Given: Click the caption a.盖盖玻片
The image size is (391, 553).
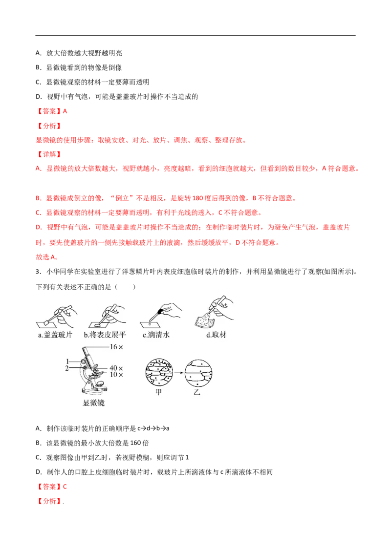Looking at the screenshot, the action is (x=55, y=335).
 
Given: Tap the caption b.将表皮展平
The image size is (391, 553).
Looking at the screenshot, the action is (x=105, y=335).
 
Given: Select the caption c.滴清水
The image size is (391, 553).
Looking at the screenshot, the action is (x=156, y=335).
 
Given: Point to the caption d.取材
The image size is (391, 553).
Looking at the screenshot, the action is (x=216, y=335).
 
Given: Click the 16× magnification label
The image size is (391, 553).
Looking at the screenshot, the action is (x=116, y=347).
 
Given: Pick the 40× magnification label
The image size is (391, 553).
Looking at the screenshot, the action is (x=116, y=368).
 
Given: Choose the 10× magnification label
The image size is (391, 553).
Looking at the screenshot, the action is (x=116, y=375).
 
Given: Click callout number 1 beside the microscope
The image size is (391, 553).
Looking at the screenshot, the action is (x=67, y=362).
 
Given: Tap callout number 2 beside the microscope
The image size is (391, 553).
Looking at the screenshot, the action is (x=67, y=368).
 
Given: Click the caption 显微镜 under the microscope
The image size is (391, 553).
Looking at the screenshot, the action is (x=93, y=403).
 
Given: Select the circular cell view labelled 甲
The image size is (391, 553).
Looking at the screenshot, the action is (x=159, y=373).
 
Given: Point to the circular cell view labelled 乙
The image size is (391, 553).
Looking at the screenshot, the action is (x=198, y=373).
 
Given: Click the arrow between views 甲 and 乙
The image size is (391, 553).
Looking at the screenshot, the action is (x=179, y=373).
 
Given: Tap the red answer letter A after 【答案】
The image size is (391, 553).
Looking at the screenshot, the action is (x=65, y=111).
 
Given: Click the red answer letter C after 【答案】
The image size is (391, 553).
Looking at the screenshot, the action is (x=65, y=487).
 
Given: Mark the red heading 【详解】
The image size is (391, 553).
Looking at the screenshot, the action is (x=49, y=154).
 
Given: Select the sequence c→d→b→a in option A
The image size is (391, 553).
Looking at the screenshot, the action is (x=153, y=428).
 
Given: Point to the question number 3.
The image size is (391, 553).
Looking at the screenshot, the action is (x=38, y=272).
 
